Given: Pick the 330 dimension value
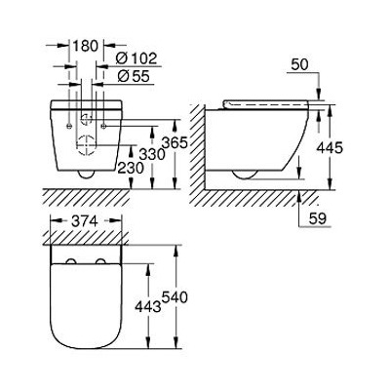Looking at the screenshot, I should [151, 154].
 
